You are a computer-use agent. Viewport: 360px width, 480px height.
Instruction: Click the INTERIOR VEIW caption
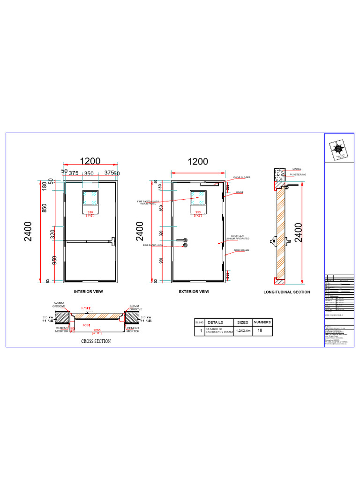click(88, 292)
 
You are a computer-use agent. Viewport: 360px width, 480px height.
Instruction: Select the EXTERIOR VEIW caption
click(194, 292)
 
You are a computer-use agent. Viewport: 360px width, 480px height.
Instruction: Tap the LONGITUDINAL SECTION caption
click(286, 292)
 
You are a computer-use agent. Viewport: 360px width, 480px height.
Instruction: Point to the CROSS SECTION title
click(96, 341)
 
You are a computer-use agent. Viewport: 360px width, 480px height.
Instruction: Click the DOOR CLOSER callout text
click(242, 178)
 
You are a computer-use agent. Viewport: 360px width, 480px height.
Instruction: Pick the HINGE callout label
click(240, 192)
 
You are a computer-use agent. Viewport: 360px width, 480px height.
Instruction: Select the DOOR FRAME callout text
click(241, 250)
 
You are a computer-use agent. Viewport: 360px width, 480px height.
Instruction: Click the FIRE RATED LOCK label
click(153, 245)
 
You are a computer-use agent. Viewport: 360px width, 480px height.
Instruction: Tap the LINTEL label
click(297, 168)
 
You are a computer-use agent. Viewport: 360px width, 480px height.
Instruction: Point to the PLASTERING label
click(298, 174)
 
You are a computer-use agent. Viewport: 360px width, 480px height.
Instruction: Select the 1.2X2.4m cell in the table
click(243, 331)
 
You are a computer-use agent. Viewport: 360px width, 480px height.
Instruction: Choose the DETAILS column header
click(216, 322)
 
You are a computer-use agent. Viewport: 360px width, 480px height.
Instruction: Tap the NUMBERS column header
click(262, 322)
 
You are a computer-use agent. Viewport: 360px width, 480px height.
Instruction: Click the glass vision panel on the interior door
click(90, 197)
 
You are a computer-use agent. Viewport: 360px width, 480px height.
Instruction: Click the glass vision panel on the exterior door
click(198, 197)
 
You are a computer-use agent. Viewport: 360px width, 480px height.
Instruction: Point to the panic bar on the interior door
click(90, 242)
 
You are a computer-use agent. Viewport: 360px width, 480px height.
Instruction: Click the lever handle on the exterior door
click(181, 240)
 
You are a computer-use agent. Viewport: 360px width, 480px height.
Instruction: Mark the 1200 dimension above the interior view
click(90, 161)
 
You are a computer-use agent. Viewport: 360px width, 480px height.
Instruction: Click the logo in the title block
click(338, 149)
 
